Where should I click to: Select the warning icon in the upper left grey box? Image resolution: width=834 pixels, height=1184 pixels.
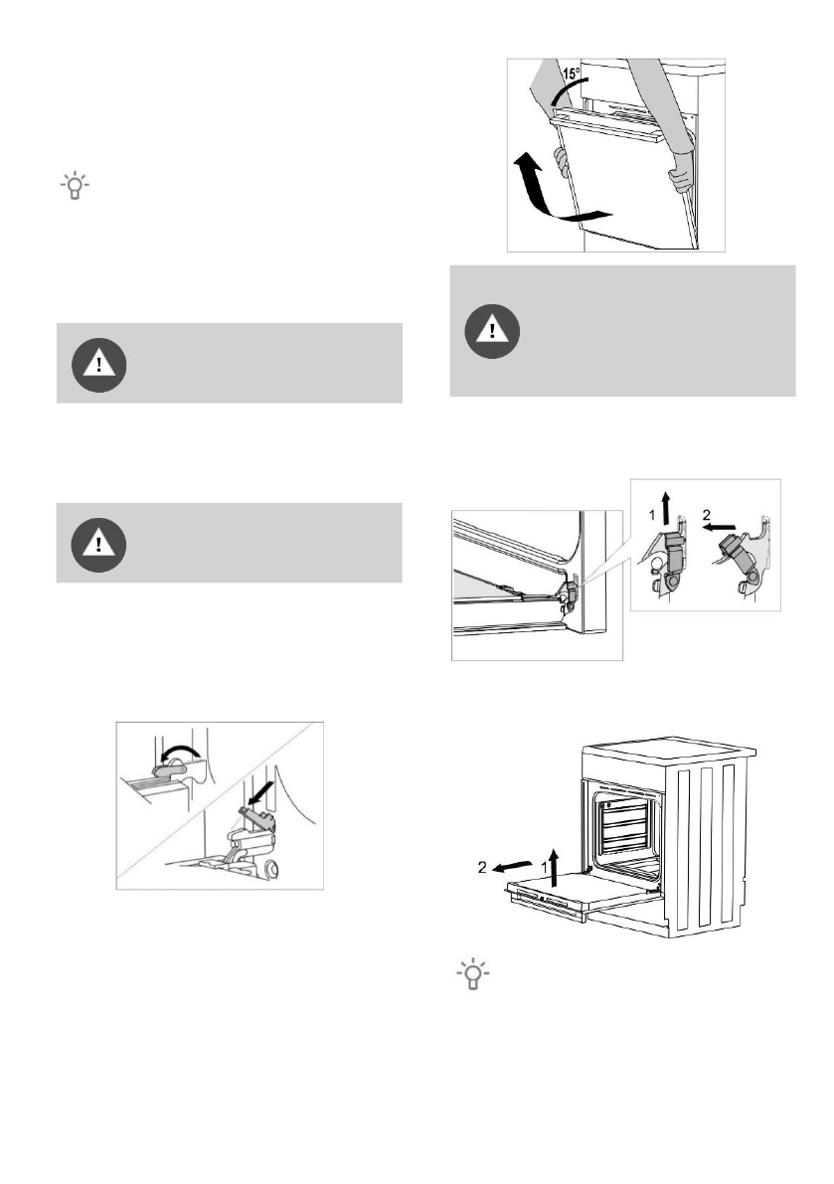[98, 363]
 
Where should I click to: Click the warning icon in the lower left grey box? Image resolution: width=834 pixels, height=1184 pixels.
[98, 543]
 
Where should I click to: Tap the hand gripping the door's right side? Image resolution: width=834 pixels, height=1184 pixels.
[679, 180]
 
